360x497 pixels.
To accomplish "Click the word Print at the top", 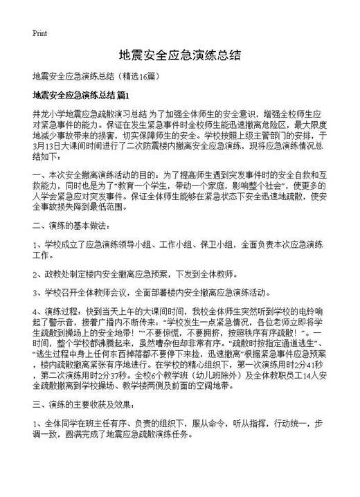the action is coord(39,33).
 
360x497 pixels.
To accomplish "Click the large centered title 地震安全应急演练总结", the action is coord(179,55).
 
